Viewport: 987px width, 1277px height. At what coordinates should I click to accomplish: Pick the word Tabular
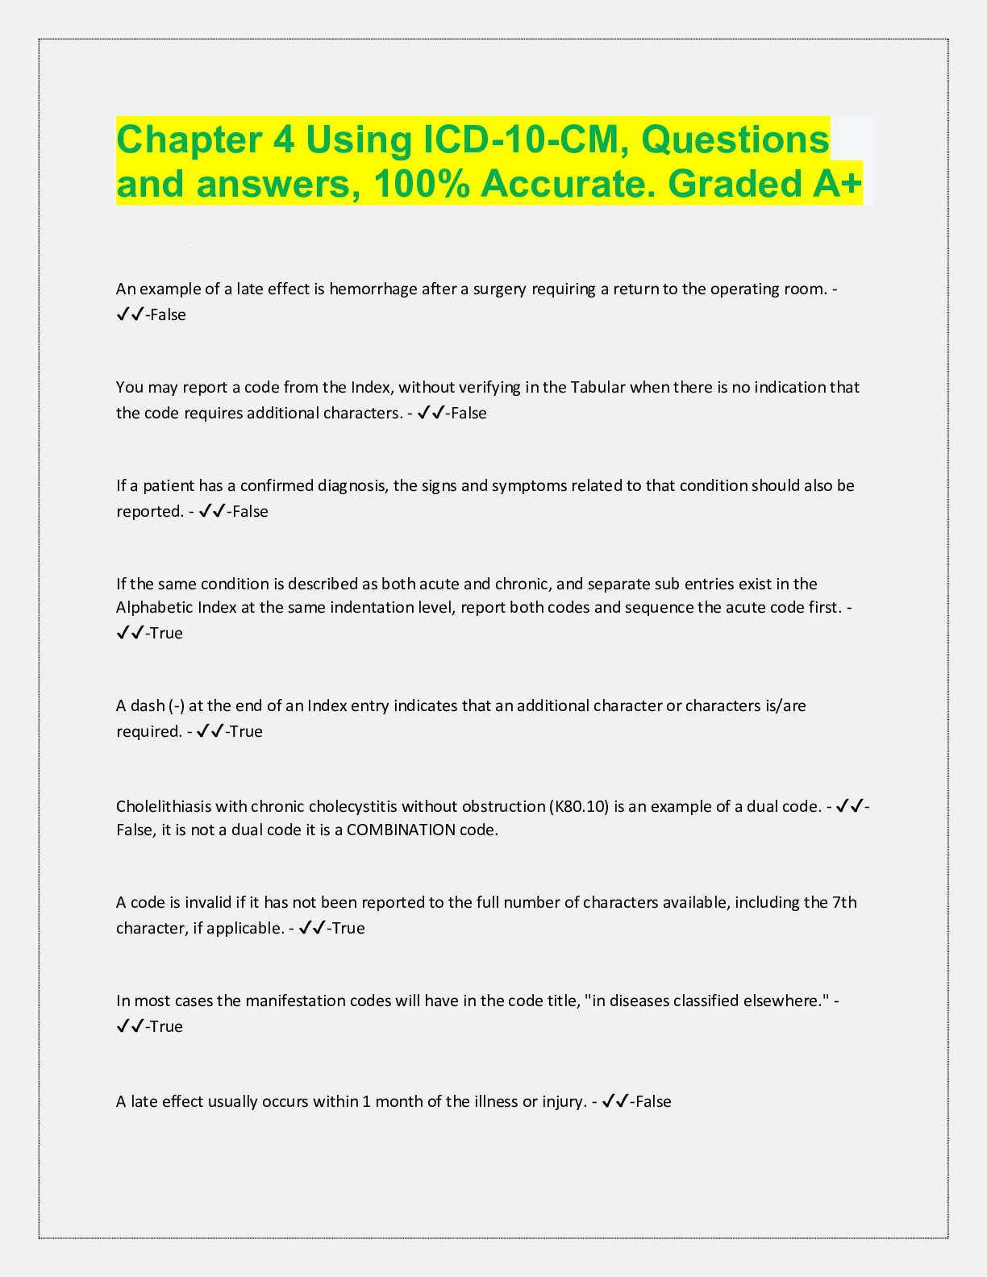[598, 388]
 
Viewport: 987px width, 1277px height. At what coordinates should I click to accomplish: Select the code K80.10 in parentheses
[579, 806]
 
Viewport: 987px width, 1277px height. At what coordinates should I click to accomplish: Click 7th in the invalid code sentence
[843, 902]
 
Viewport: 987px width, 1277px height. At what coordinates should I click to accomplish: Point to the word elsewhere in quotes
[792, 1001]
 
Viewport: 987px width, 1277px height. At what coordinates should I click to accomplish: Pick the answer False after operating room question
[169, 315]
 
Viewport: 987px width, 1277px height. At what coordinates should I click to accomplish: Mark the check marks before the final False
[616, 1101]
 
